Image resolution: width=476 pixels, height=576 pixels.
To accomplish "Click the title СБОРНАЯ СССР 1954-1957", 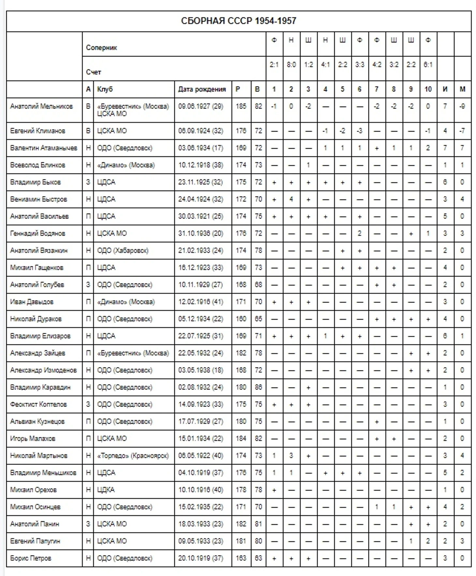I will click(x=238, y=21).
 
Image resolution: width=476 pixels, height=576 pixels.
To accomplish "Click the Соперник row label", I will click(x=101, y=48).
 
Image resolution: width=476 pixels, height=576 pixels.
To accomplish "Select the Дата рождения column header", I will click(x=202, y=89).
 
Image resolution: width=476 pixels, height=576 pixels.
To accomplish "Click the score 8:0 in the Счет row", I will click(x=291, y=65).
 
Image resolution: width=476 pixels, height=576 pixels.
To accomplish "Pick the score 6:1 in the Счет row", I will click(x=428, y=65).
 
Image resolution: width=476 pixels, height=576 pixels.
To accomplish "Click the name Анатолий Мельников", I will click(x=41, y=107).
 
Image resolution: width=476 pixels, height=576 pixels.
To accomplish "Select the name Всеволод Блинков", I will click(x=37, y=165).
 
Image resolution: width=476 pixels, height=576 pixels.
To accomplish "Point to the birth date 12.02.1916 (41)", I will click(x=201, y=302).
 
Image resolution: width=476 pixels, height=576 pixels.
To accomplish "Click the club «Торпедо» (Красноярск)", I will click(x=133, y=456).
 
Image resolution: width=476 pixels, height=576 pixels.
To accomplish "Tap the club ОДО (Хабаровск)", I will click(x=123, y=251).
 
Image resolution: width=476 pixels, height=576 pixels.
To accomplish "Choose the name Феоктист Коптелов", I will click(x=38, y=405).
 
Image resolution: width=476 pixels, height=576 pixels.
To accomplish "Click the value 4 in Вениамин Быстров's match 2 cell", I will click(x=291, y=199).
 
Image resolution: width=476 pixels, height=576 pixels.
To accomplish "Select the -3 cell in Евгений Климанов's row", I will click(x=359, y=131).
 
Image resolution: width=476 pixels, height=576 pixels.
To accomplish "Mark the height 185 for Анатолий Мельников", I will click(x=241, y=107).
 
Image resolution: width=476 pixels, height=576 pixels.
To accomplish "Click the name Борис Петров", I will click(x=31, y=558).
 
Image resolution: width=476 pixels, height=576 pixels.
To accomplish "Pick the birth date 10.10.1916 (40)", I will click(x=201, y=490).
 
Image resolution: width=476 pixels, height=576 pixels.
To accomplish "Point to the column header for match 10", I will click(x=428, y=89).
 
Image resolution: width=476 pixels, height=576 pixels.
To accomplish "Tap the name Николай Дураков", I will click(x=36, y=319).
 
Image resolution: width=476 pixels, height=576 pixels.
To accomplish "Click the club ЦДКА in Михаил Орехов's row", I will click(x=106, y=490).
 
